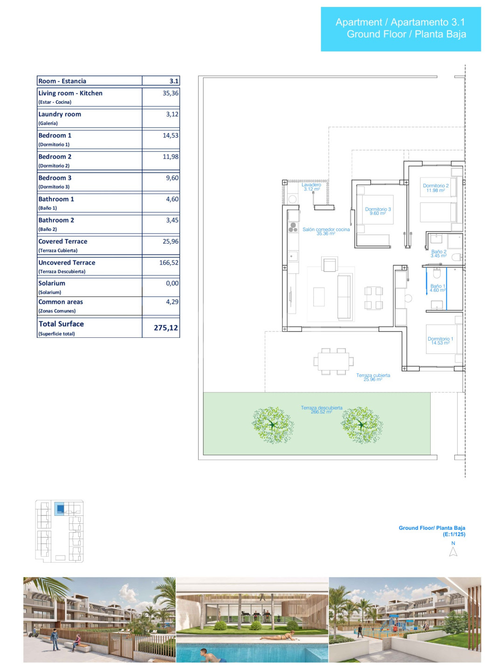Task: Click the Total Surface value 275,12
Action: click(x=166, y=328)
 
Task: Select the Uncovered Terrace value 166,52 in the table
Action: click(x=169, y=263)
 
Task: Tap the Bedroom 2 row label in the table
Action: click(x=55, y=157)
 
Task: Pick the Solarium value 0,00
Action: click(x=172, y=283)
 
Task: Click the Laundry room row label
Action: click(x=60, y=114)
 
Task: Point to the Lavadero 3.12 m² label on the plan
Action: click(x=311, y=187)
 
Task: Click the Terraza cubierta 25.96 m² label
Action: click(x=373, y=377)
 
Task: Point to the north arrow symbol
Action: click(x=453, y=552)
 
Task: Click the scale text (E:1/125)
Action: click(x=454, y=534)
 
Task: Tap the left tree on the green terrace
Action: click(x=273, y=425)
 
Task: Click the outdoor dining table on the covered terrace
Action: click(x=334, y=361)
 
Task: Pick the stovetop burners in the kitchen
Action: click(x=293, y=227)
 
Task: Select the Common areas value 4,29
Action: click(x=172, y=302)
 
